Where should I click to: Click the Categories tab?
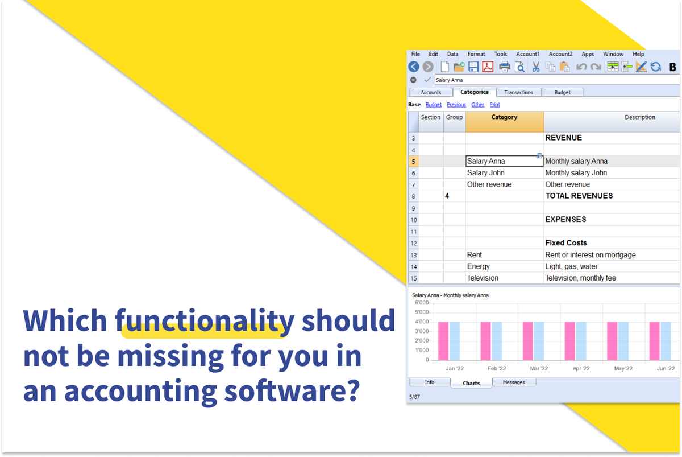474,92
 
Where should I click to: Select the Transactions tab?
518,92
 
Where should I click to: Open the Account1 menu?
527,54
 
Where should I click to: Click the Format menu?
476,54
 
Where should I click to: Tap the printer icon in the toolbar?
504,67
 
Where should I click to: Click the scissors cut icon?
535,67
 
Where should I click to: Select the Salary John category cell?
486,173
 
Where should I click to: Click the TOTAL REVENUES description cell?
579,196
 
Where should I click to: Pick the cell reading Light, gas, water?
572,266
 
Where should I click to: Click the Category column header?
504,118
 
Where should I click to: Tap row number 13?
413,255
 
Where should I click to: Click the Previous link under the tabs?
456,105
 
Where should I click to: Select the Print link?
495,105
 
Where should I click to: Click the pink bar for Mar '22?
528,341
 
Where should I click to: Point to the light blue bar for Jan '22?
455,341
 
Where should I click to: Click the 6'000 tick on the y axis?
421,311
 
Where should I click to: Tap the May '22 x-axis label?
623,369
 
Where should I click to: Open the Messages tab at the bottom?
514,382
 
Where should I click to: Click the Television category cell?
483,278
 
